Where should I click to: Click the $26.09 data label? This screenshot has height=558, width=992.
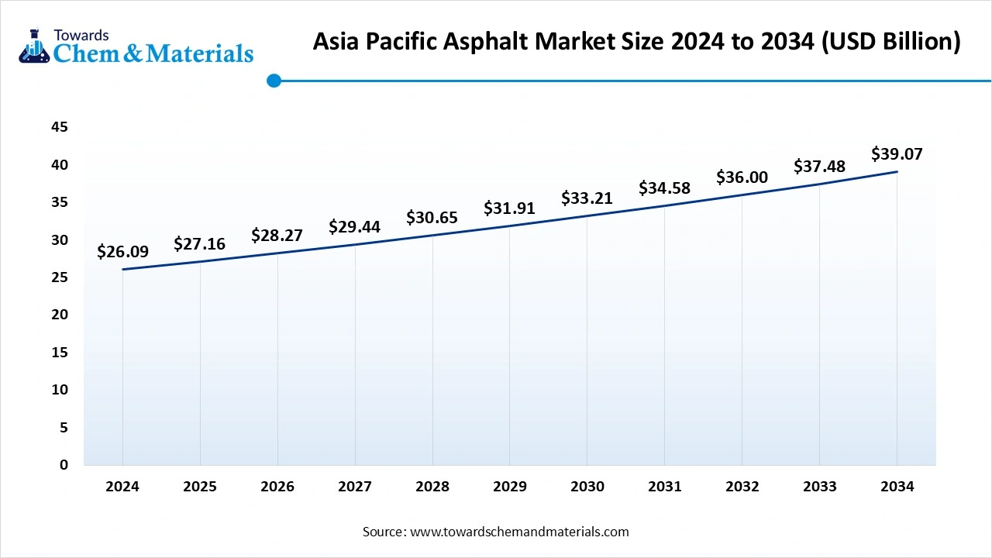coord(122,251)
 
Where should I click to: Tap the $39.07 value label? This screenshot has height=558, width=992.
coord(897,153)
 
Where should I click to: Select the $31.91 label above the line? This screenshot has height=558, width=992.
coord(509,208)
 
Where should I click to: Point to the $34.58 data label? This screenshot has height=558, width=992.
coord(664,188)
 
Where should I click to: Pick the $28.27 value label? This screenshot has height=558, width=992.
coord(277,235)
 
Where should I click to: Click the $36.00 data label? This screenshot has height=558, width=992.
coord(742,177)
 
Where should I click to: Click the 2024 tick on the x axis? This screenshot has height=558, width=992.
coord(122,487)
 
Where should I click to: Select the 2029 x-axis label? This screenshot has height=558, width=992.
coord(509,487)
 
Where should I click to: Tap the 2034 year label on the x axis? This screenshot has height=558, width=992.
coord(897,487)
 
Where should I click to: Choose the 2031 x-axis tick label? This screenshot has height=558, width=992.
coord(664,487)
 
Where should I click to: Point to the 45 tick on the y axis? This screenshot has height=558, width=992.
coord(60,127)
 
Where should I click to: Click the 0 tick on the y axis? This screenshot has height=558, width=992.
coord(64,465)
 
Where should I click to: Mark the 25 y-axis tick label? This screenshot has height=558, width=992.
coord(60,277)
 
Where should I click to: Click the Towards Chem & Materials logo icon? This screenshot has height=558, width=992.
coord(33,48)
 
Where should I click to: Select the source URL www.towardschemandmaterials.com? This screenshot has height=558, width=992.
coord(518,532)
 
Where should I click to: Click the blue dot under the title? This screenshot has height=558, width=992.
coord(273,81)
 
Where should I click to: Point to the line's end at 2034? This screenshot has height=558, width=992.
coord(897,171)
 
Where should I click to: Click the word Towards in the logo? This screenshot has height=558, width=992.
coord(81,35)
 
